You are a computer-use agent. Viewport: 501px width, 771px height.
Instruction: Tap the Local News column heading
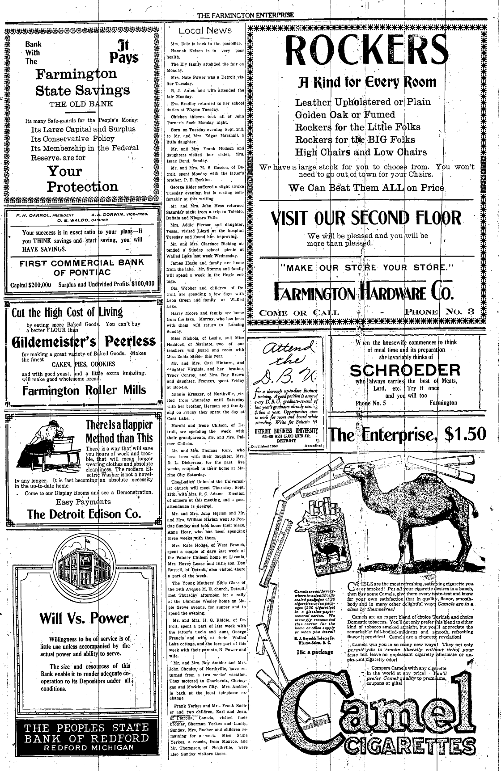coord(205,30)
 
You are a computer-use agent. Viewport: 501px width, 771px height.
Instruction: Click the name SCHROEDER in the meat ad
coord(405,370)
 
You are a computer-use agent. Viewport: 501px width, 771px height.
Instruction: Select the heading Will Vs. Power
coord(84,618)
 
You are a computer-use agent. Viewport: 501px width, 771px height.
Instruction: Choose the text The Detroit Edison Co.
coord(84,514)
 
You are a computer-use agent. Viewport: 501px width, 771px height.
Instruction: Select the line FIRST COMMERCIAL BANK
coord(81,263)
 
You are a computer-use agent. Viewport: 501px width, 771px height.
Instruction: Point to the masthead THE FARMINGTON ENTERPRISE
coord(246,15)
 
